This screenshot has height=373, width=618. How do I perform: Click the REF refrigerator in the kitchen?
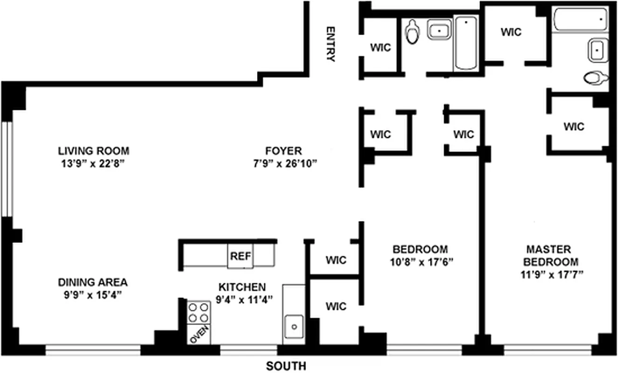(240, 256)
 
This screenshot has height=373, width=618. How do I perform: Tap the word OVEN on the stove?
(199, 334)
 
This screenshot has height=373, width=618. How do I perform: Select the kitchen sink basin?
(294, 327)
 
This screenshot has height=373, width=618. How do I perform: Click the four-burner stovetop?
(199, 312)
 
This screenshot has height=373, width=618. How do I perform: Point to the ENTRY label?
(331, 44)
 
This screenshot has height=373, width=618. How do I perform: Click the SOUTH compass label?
(286, 366)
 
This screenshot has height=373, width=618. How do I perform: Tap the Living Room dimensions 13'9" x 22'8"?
(93, 164)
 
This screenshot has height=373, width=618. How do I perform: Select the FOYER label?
(284, 151)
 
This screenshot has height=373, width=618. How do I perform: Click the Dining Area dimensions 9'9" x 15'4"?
(93, 295)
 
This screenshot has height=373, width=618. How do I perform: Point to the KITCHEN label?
(242, 287)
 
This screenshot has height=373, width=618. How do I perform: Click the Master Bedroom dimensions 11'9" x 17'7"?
(552, 275)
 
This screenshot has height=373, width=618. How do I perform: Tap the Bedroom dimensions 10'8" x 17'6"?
(422, 262)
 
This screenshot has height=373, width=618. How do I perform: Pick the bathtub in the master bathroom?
(581, 19)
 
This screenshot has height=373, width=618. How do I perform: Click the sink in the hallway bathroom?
(439, 29)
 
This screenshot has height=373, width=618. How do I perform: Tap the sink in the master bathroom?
(597, 50)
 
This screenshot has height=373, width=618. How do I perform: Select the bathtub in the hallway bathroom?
(466, 43)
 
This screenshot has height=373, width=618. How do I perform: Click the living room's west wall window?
(7, 169)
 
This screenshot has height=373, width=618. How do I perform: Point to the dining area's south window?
(93, 350)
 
